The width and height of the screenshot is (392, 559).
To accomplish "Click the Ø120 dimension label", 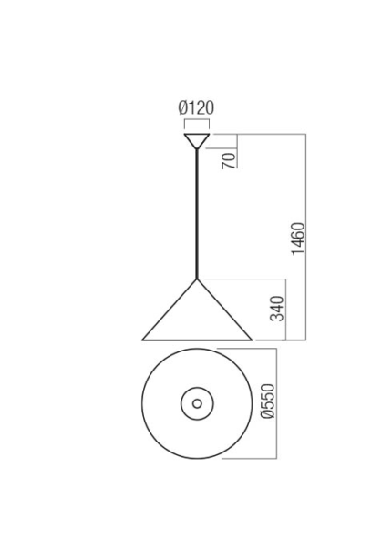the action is (x=196, y=107).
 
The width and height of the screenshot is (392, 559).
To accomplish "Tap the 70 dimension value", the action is (x=229, y=160).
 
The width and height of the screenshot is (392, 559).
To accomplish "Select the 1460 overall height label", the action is (x=298, y=239).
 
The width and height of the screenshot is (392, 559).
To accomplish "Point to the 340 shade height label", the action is (x=277, y=309).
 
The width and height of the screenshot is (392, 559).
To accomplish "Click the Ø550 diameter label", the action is (x=268, y=401).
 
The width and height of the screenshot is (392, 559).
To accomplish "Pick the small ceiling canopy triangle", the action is (x=197, y=141).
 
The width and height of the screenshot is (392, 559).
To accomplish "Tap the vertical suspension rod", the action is (x=197, y=214).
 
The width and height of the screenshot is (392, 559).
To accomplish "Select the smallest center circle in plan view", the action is (x=197, y=403).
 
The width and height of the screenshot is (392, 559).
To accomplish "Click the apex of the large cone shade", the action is (x=197, y=279).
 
